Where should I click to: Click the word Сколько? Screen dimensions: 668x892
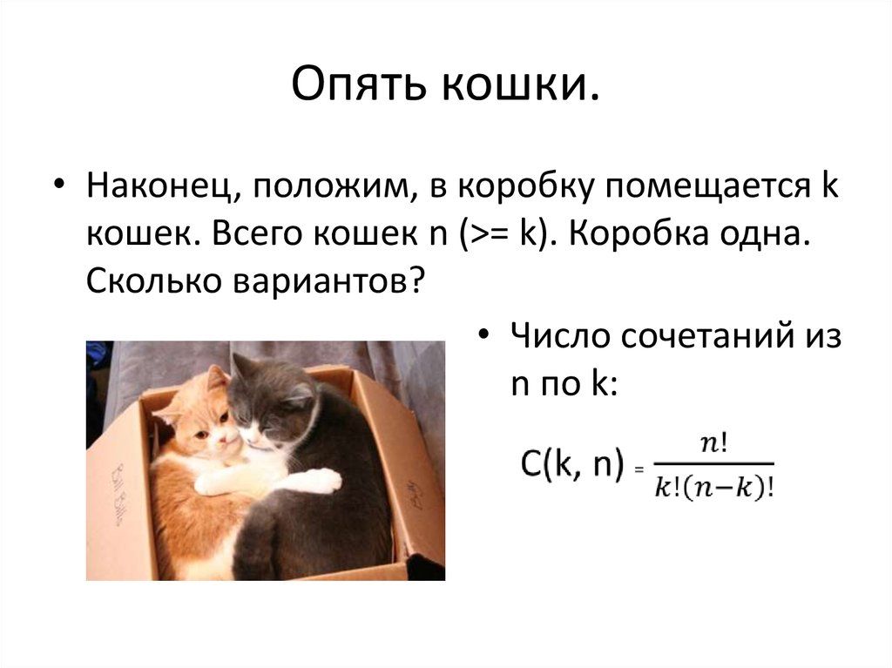[x=143, y=280]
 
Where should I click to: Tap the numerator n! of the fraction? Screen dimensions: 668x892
[x=714, y=443]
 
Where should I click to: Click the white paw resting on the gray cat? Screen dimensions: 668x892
[x=320, y=480]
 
